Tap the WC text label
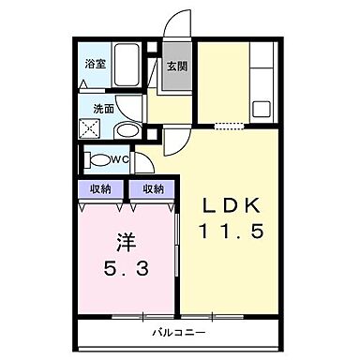122,159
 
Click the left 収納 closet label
100,188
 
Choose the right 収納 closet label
153,188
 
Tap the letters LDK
236,205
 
